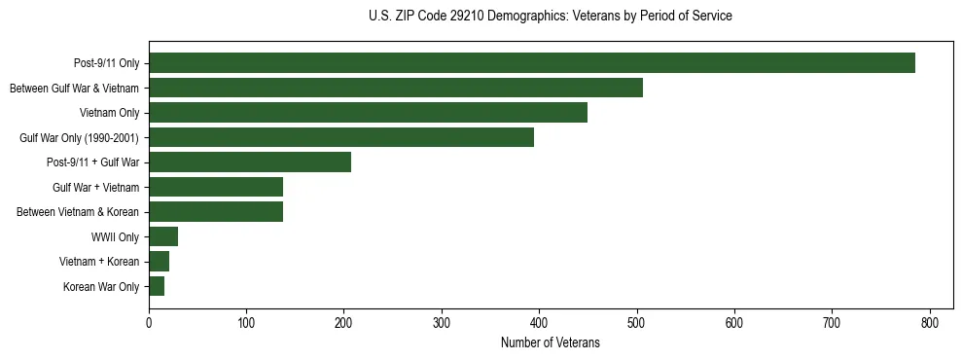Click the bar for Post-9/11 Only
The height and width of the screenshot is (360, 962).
click(532, 63)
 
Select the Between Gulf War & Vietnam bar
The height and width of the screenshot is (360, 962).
click(396, 88)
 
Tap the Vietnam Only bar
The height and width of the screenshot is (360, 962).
click(368, 113)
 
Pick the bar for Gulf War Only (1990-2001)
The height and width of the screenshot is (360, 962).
click(341, 137)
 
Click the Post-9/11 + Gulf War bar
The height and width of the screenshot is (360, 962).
click(250, 162)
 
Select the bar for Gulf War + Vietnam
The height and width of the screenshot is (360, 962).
click(216, 187)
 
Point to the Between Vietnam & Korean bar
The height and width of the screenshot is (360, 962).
click(216, 212)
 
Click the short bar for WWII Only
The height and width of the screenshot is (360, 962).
click(163, 236)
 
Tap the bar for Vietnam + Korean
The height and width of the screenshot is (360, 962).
click(160, 262)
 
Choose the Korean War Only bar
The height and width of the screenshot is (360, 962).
click(157, 286)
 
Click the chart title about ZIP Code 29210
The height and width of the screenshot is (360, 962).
click(551, 17)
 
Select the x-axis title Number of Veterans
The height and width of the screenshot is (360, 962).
click(551, 343)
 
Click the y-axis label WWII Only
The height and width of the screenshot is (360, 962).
click(115, 236)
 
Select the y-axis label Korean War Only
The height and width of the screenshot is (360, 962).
click(101, 287)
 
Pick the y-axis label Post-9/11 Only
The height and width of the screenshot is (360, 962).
click(106, 63)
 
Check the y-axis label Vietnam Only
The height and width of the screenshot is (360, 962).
click(109, 113)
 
